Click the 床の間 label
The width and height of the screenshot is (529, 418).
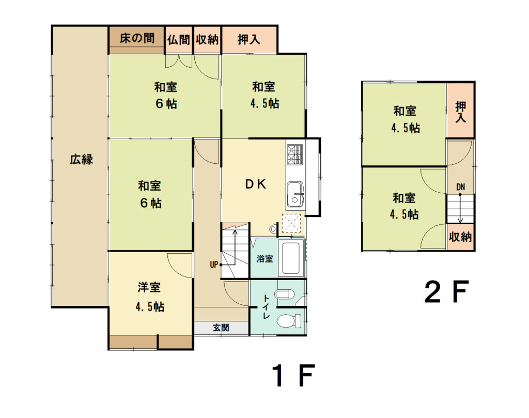pyautogui.click(x=137, y=38)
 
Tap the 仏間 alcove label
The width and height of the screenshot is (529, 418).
pyautogui.click(x=179, y=40)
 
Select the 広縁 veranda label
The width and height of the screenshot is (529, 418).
pyautogui.click(x=81, y=159)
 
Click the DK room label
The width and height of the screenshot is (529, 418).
pyautogui.click(x=255, y=184)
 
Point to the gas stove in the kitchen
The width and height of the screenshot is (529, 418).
pyautogui.click(x=295, y=154)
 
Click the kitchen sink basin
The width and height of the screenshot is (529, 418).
pyautogui.click(x=295, y=195)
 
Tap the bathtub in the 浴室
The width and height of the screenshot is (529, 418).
pyautogui.click(x=290, y=258)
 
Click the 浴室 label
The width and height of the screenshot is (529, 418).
pyautogui.click(x=264, y=259)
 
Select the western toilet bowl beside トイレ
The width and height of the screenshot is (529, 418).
pyautogui.click(x=289, y=320)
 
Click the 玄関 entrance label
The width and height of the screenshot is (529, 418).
pyautogui.click(x=221, y=327)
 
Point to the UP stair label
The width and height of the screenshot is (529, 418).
pyautogui.click(x=214, y=265)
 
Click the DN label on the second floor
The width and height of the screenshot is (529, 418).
pyautogui.click(x=460, y=187)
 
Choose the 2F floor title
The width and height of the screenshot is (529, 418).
pyautogui.click(x=447, y=292)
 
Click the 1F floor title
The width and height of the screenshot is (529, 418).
pyautogui.click(x=293, y=376)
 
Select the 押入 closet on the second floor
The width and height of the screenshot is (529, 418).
pyautogui.click(x=460, y=110)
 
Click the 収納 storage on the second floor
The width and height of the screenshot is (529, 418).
pyautogui.click(x=460, y=237)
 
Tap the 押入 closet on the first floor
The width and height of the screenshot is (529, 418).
pyautogui.click(x=249, y=40)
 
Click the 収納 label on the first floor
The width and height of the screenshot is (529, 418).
pyautogui.click(x=207, y=40)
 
